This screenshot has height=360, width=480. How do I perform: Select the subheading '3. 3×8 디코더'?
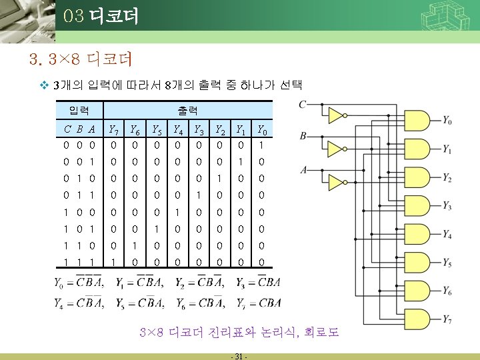[82, 60]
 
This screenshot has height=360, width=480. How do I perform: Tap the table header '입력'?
[79, 109]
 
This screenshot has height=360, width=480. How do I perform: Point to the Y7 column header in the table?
[114, 129]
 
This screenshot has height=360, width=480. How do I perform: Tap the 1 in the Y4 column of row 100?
[177, 212]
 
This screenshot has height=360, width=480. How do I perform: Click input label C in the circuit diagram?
[303, 104]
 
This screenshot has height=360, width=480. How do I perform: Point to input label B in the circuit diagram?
[303, 136]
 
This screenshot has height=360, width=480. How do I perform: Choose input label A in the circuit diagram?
[303, 169]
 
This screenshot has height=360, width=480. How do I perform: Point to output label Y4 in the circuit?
[447, 235]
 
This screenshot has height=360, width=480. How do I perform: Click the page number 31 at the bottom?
[237, 355]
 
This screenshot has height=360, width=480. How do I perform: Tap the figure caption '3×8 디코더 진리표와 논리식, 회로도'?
[239, 331]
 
